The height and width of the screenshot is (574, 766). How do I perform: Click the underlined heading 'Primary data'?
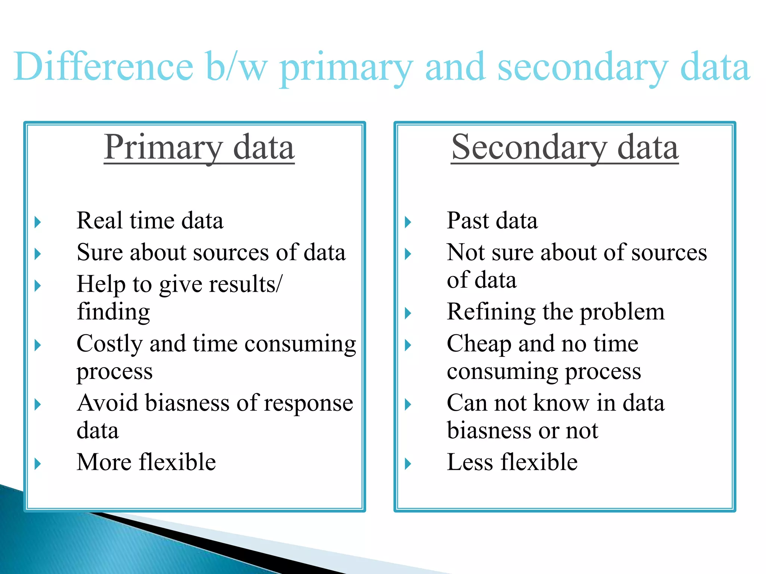click(199, 147)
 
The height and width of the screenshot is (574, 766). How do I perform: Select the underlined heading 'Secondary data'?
click(565, 147)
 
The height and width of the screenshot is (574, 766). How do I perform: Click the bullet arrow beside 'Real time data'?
click(37, 222)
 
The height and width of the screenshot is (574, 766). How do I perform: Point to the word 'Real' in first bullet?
click(99, 220)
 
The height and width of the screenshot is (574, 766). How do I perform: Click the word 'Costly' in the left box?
click(110, 344)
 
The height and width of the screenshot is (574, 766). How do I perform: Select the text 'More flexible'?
click(146, 462)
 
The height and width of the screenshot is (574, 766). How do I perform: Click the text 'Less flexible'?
click(512, 462)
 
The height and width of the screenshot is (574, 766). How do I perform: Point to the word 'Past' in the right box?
click(468, 220)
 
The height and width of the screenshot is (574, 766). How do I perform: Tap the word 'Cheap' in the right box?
click(479, 344)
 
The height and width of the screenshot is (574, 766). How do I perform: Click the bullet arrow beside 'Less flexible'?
click(408, 464)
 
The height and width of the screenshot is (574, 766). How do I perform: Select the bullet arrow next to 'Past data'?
click(408, 222)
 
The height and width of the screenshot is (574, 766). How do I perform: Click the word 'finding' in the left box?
click(113, 312)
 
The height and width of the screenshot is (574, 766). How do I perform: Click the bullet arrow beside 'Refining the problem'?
click(408, 313)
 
